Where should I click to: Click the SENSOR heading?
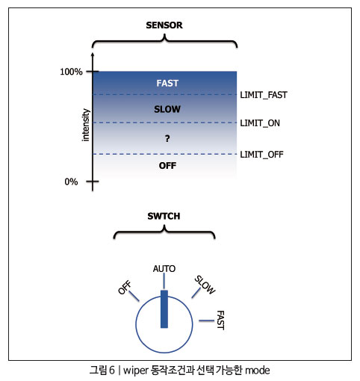point(164,25)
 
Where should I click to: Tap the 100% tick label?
point(71,72)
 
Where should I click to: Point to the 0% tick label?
point(71,182)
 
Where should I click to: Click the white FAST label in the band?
point(167,83)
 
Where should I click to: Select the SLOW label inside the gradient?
point(167,109)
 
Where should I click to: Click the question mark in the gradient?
point(167,138)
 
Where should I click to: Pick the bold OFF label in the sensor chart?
point(167,166)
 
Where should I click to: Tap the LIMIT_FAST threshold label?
point(264,95)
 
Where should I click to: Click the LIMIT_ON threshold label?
point(260,123)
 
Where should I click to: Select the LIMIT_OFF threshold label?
point(261,155)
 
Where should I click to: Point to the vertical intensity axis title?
point(85,125)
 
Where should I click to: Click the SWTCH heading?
point(164,216)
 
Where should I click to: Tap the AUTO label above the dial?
point(164,269)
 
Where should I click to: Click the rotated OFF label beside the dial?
point(125,287)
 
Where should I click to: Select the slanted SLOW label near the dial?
point(205,285)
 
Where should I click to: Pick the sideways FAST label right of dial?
point(220,320)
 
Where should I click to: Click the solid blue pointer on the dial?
point(164,309)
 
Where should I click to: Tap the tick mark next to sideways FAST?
point(206,320)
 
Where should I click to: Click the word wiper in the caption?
point(136,371)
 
